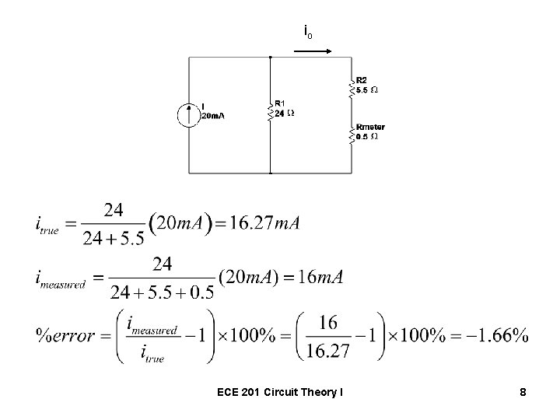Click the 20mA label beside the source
(x=212, y=115)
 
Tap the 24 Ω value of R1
(x=284, y=113)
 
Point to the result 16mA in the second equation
(x=320, y=278)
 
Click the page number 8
(x=523, y=393)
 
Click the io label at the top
(x=309, y=33)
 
